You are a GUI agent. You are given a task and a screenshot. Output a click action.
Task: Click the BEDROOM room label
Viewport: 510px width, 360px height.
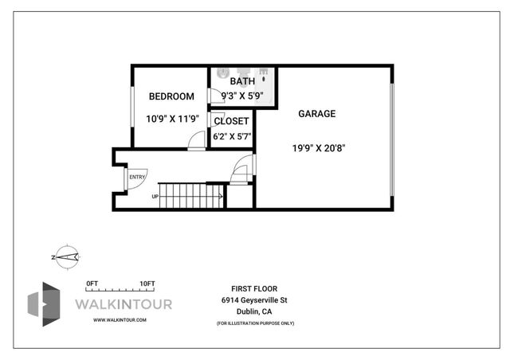point(171,96)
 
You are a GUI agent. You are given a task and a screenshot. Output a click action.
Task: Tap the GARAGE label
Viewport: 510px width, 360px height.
point(316,114)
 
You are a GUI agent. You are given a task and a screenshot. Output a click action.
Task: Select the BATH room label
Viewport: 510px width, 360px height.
point(242,82)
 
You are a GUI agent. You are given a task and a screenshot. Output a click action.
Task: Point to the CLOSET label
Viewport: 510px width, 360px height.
point(231,122)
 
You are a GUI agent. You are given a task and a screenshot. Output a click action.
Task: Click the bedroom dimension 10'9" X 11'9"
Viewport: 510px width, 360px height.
point(171,119)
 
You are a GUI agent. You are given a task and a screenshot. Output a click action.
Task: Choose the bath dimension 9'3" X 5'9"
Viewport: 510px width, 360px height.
point(242,96)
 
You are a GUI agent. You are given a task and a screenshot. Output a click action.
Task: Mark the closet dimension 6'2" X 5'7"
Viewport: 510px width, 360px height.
point(232,136)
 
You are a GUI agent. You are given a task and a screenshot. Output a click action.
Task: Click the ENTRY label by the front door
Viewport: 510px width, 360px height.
point(137,177)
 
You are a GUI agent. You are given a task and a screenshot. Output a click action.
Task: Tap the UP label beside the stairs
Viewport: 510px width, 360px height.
point(155,197)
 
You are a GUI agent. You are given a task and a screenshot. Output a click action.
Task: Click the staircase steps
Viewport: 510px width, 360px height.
point(192,194)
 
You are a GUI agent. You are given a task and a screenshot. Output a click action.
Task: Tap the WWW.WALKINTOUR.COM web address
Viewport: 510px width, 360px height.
point(120,319)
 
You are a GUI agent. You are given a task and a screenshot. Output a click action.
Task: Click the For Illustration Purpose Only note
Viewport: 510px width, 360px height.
point(254,323)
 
